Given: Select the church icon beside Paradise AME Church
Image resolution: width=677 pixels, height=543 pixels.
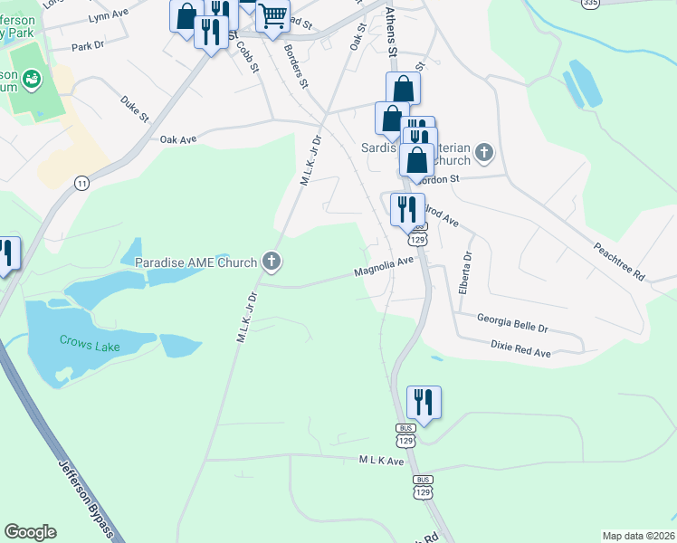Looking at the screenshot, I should pyautogui.click(x=271, y=262).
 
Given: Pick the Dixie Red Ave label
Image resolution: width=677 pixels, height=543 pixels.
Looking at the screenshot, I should pyautogui.click(x=520, y=348).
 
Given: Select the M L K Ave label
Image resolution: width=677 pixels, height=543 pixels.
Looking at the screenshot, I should pyautogui.click(x=380, y=461).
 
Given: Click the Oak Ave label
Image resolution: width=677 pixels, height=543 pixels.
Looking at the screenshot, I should pyautogui.click(x=178, y=139).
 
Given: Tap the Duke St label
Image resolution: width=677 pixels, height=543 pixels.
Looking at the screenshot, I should pyautogui.click(x=134, y=108).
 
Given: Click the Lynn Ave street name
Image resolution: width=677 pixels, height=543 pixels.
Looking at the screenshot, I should pyautogui.click(x=106, y=17).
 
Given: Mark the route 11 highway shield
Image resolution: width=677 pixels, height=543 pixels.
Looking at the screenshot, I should pyautogui.click(x=82, y=183).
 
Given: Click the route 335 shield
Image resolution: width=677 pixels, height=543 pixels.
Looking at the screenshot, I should pyautogui.click(x=590, y=4).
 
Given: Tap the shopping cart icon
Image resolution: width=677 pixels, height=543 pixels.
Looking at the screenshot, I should pyautogui.click(x=272, y=15).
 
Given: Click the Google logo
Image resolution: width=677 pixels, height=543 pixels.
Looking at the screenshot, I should pyautogui.click(x=30, y=532).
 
